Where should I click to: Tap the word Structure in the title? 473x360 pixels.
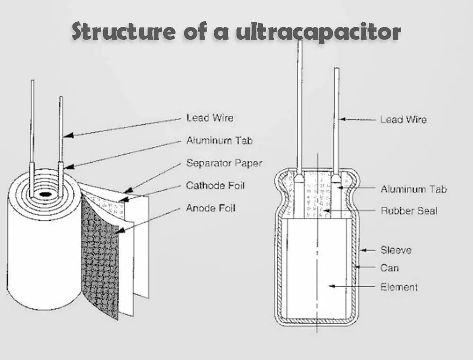(123, 32)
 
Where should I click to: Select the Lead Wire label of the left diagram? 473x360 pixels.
(210, 118)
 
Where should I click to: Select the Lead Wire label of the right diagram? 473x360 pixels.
(403, 120)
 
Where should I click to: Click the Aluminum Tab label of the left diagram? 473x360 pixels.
(219, 140)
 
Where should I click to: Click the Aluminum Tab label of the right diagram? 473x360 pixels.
(413, 189)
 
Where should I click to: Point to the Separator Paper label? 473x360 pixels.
(224, 163)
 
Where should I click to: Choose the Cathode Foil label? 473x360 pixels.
(215, 185)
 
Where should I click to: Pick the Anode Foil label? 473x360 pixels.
(210, 208)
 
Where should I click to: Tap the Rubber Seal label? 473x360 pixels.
(409, 211)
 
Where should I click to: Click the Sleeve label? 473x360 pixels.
(396, 250)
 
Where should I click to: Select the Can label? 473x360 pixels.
(390, 268)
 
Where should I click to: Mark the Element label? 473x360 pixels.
(399, 287)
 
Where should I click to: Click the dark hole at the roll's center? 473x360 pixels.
(45, 194)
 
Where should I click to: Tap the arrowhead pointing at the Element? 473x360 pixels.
(331, 286)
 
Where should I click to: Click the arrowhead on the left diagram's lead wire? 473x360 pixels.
(67, 136)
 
